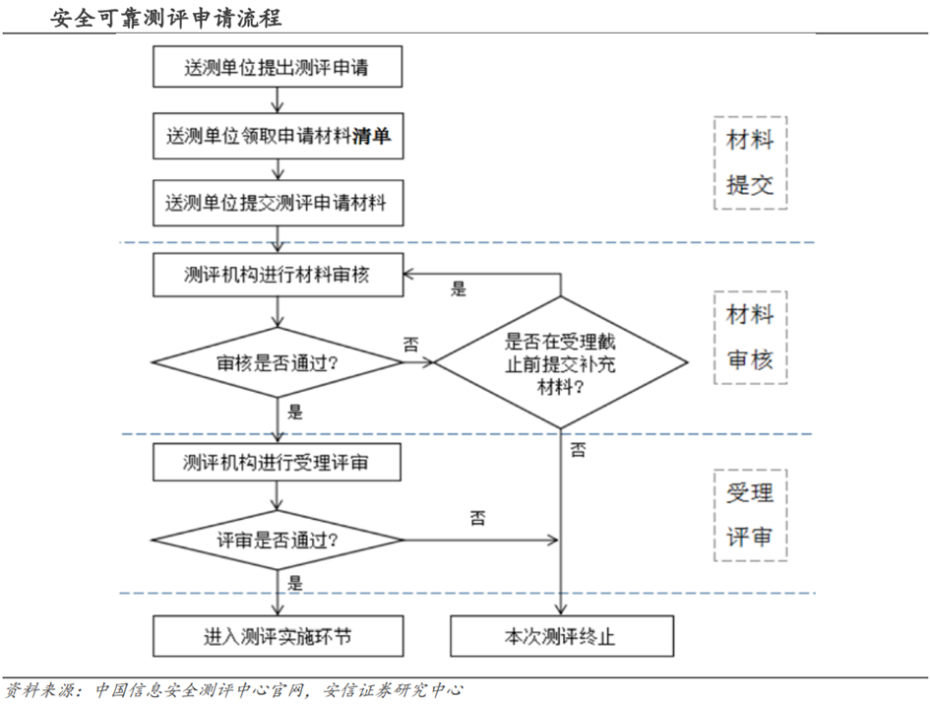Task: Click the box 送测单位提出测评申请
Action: pos(278,66)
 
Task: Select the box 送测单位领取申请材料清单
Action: pos(278,136)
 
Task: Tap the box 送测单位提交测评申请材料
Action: pos(278,204)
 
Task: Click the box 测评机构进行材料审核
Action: pos(278,275)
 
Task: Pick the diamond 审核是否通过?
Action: pos(278,362)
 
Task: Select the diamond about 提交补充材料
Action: pos(561,362)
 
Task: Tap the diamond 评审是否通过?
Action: pos(278,540)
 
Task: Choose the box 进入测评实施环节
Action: pos(278,636)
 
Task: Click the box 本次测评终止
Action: pos(561,636)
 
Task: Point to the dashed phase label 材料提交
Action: pos(750,163)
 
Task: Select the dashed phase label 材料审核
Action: pos(750,337)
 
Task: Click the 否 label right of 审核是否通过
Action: pos(411,344)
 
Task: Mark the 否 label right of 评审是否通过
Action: pos(477,519)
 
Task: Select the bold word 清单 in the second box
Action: pos(372,136)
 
